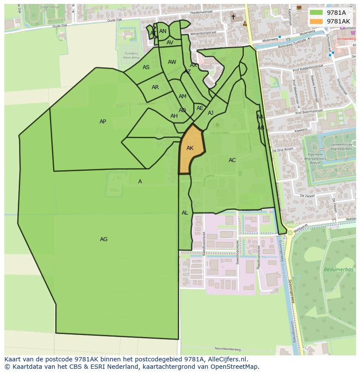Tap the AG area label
103,239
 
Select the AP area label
103,122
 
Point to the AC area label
232,160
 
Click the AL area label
185,213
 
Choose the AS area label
146,67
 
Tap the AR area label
155,87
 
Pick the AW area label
172,62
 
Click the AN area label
163,31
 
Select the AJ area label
210,113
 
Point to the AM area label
183,96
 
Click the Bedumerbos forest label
336,270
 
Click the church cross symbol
233,17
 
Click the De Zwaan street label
307,196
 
